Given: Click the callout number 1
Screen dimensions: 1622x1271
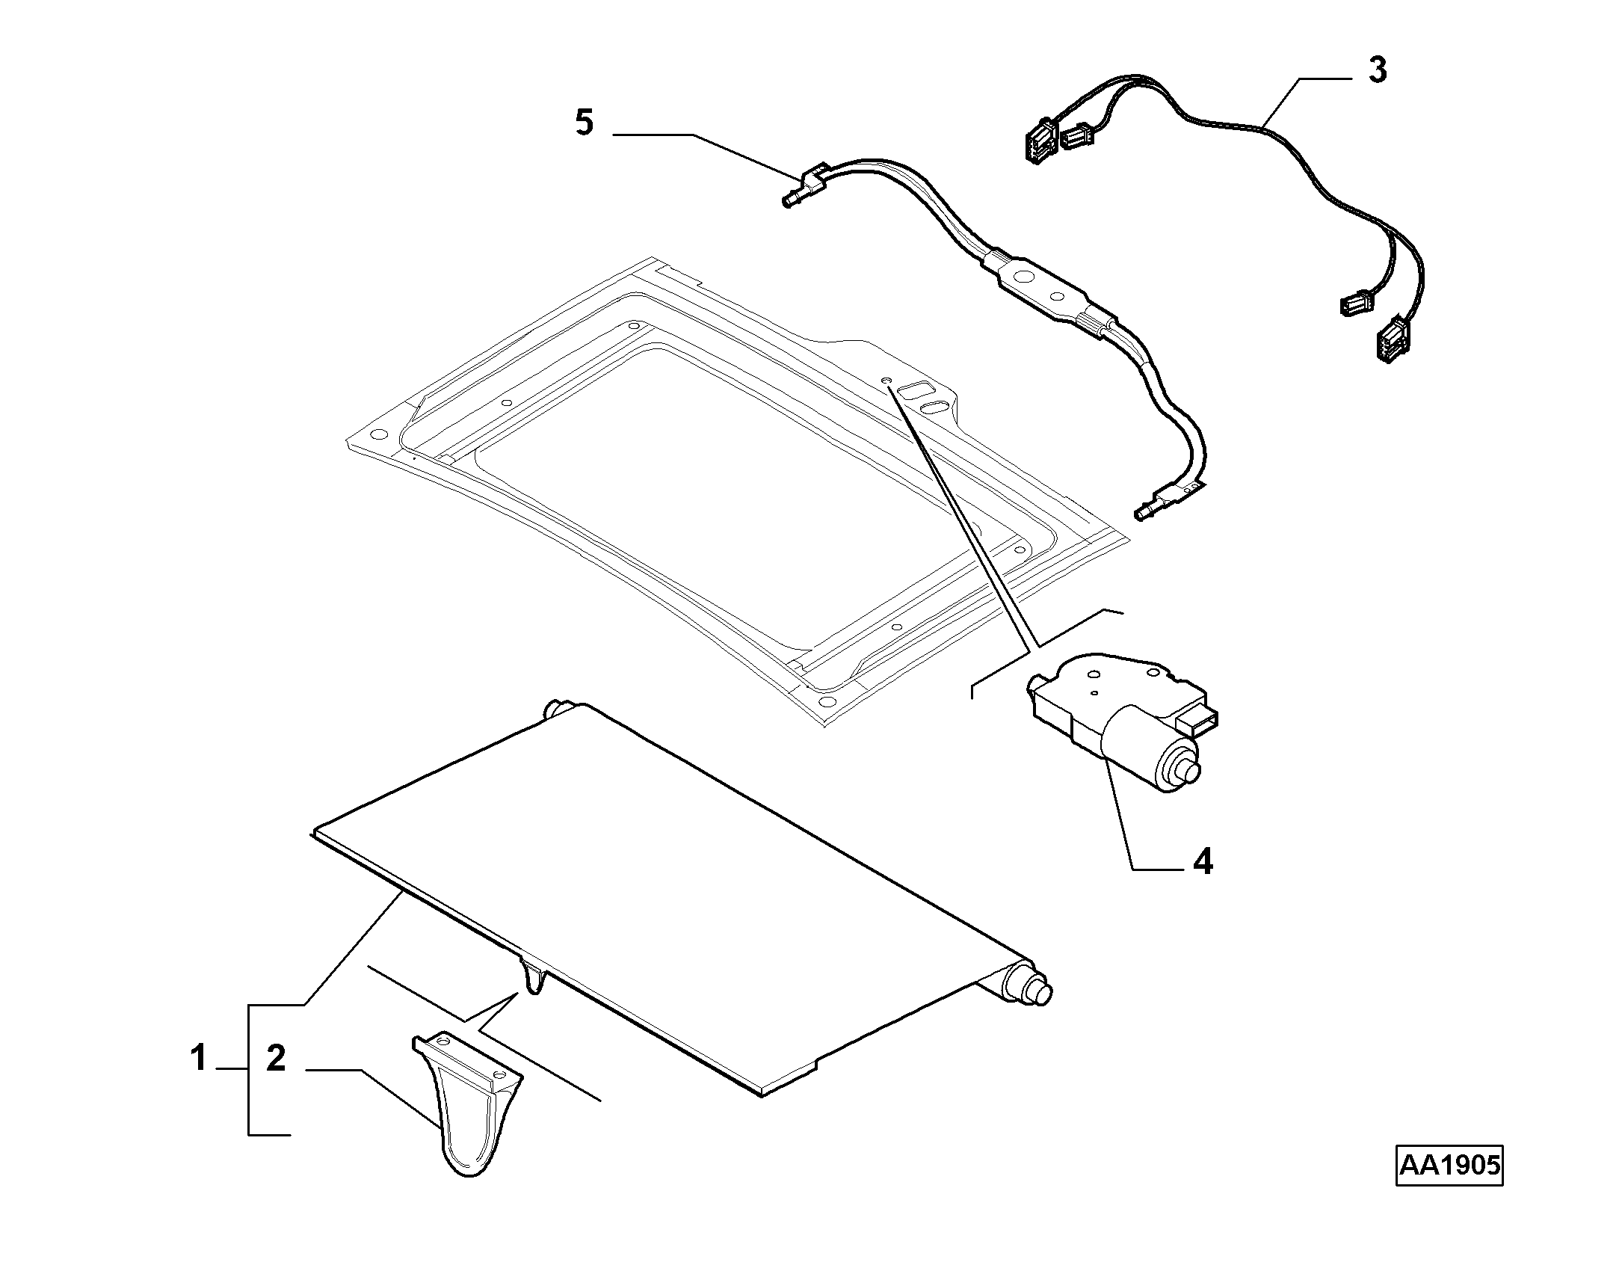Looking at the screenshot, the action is point(198,1059).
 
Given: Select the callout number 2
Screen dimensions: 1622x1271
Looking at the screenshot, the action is point(277,1059).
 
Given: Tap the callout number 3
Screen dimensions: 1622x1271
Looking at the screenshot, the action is point(1377,70).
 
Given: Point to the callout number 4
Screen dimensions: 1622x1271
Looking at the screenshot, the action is point(1202,862).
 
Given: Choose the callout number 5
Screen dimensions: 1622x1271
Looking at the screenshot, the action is point(585,122).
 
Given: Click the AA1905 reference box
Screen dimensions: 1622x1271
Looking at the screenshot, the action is point(1449,1186).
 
